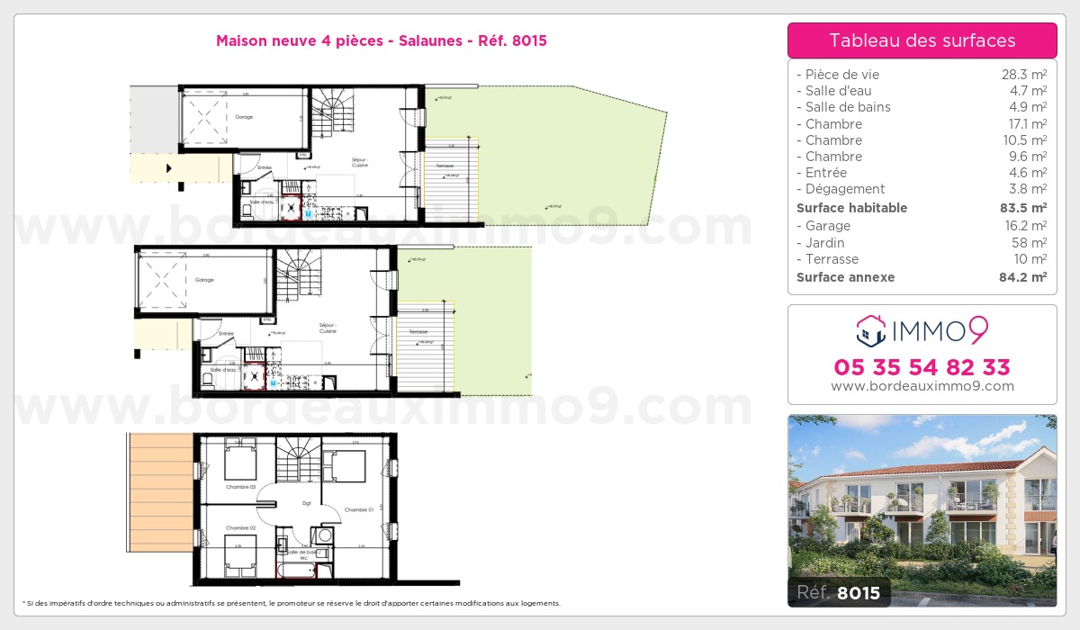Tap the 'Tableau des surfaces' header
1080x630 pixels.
(x=922, y=40)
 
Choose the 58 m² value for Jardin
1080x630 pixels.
(x=1030, y=243)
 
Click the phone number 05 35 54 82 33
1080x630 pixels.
(x=922, y=367)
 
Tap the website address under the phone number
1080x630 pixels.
(x=922, y=386)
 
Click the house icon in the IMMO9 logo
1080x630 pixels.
(x=870, y=330)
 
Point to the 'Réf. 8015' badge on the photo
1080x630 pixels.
(x=839, y=592)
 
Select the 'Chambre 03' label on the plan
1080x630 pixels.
(x=241, y=487)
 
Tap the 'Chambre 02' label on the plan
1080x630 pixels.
(x=241, y=527)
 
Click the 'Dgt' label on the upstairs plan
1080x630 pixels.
(x=306, y=504)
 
